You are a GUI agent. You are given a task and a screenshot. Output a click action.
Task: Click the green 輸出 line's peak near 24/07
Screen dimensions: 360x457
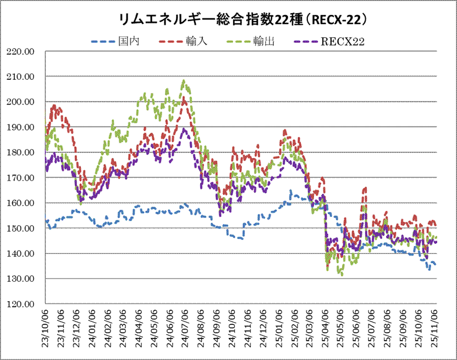pos(184,81)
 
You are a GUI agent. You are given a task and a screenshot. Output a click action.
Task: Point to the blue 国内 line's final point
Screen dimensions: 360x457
pos(436,265)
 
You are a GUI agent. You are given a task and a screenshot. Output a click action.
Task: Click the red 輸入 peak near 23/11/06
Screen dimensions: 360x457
pos(54,105)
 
